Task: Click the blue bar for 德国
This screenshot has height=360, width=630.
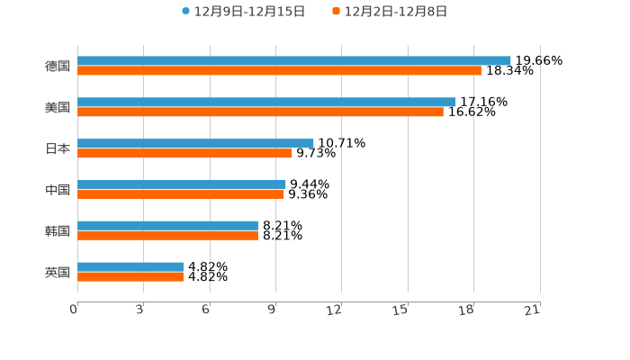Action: [x=294, y=60]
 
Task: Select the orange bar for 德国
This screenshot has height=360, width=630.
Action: [x=279, y=70]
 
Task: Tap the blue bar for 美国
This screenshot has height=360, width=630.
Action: [x=266, y=102]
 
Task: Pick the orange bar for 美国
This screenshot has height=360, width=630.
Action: [x=260, y=112]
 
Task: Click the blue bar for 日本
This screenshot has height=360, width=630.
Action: [x=195, y=143]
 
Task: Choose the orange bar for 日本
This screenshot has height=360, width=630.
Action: [x=184, y=153]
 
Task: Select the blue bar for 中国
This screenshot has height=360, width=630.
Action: [x=182, y=184]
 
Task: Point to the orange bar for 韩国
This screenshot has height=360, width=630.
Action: [x=167, y=235]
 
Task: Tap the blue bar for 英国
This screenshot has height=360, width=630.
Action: [x=130, y=266]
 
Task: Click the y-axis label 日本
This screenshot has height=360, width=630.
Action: [x=58, y=148]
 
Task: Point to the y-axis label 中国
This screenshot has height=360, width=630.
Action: [x=58, y=190]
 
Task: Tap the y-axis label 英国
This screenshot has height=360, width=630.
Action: [x=58, y=272]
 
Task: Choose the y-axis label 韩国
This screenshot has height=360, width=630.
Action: [x=58, y=230]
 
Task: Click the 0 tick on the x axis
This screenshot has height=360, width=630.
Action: [x=74, y=310]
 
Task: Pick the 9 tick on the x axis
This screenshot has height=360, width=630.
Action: [x=272, y=310]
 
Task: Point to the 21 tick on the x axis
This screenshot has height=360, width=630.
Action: [x=533, y=310]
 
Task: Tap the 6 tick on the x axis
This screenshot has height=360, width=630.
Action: [x=206, y=310]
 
